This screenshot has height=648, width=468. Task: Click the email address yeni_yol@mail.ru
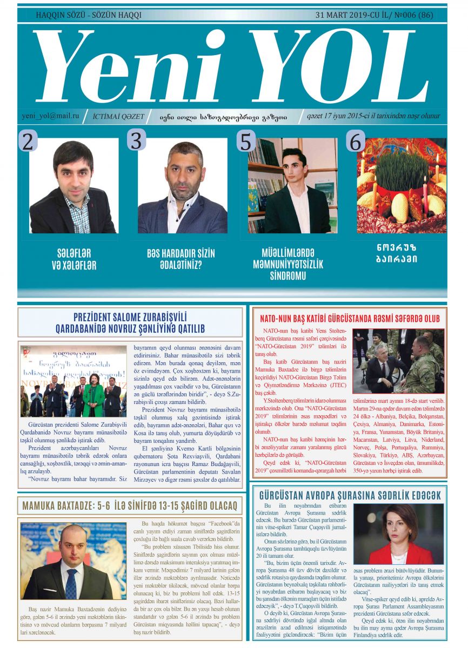pos(50,116)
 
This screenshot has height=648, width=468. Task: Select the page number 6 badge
pos(355,141)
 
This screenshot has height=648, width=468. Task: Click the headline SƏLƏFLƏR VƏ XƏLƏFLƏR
pos(76,259)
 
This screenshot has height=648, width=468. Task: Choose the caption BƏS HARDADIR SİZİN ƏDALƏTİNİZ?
pos(182,259)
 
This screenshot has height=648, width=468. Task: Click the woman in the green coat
pos(93,395)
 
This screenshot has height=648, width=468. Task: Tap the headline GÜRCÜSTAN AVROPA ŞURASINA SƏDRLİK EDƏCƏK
pos(350,495)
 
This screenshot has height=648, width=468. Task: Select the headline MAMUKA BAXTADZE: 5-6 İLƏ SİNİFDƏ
pos(130,507)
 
